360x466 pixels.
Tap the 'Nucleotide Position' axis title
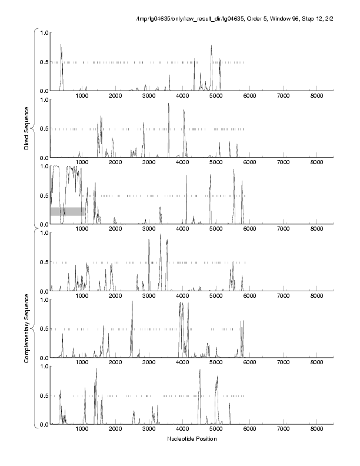click(x=192, y=438)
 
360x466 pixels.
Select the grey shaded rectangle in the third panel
click(x=67, y=211)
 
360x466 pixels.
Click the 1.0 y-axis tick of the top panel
click(x=43, y=33)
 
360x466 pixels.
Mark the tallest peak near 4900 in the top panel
click(x=211, y=46)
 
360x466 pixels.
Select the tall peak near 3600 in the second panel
click(x=169, y=104)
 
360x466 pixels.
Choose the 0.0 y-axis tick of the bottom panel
click(x=43, y=424)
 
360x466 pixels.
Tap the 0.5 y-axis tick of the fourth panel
click(x=43, y=262)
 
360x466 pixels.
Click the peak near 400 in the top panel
click(x=61, y=45)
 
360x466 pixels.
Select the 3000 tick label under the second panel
click(x=149, y=164)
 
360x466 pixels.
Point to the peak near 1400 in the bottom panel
click(x=96, y=370)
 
